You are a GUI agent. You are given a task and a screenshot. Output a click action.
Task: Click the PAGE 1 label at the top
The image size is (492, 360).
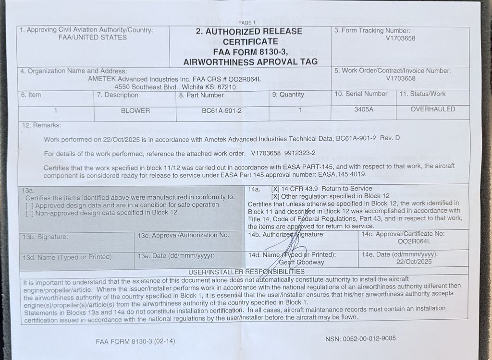pos(247,23)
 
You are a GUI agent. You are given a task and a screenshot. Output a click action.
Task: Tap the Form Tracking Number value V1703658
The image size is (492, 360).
pos(400,38)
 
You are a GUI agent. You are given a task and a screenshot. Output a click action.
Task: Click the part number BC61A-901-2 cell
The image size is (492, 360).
pos(222,111)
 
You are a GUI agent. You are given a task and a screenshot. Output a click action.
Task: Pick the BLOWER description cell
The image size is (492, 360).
pos(135,111)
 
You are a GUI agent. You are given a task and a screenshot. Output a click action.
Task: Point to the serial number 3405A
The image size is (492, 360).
pos(364,109)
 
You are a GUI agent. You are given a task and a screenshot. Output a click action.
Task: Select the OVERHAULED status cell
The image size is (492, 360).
pos(432,109)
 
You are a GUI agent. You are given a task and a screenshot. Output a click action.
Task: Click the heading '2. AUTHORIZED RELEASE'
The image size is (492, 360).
pos(249,32)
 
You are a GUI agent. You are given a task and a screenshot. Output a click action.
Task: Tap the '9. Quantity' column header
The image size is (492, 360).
pos(288,95)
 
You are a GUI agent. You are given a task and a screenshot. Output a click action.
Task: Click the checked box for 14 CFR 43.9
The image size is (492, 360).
pos(275,189)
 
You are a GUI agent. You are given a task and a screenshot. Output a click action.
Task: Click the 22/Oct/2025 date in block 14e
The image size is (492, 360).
pos(415,262)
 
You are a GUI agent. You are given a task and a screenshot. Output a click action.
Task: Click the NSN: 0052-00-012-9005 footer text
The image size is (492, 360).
pos(360,338)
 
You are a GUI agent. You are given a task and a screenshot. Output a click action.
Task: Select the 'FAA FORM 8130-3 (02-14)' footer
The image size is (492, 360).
pos(135,342)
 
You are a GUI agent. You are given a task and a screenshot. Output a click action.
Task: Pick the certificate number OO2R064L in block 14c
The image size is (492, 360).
pos(414,241)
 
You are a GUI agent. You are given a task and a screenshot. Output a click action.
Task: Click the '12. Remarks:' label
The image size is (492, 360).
pos(41,125)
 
